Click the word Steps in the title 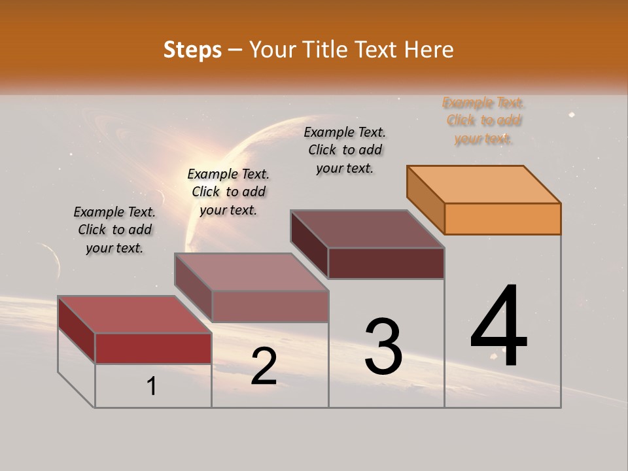tap(192, 50)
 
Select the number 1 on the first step tap(152, 387)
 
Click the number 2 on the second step tap(264, 367)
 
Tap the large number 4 tap(498, 327)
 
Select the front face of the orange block tap(502, 218)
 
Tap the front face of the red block tap(153, 348)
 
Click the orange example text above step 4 tap(483, 120)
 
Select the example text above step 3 tap(345, 150)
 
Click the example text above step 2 tap(228, 192)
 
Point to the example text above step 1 tap(114, 230)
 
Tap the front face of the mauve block tap(270, 306)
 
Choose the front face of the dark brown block tap(386, 263)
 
